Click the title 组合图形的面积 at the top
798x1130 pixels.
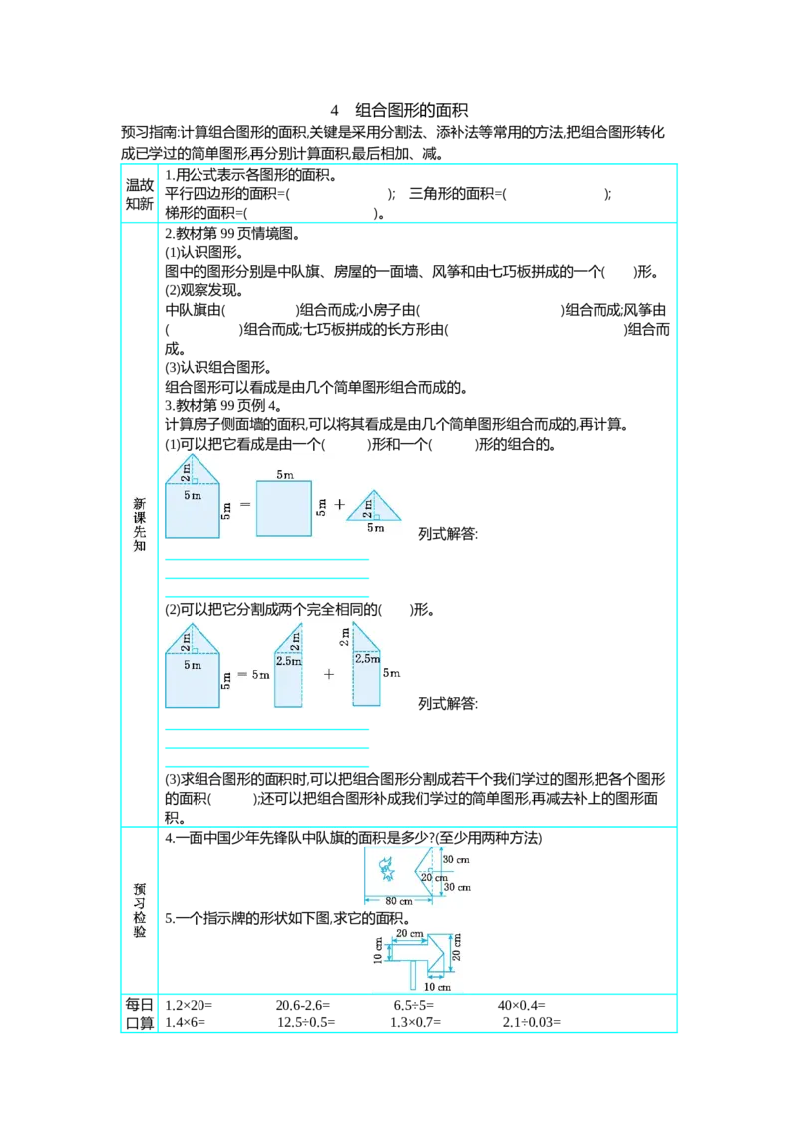click(411, 110)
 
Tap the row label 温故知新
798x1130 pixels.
click(139, 194)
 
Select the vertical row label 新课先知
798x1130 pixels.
click(139, 524)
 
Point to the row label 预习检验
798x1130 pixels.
click(139, 910)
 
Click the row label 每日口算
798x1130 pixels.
click(139, 1014)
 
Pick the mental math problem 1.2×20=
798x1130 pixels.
click(189, 1005)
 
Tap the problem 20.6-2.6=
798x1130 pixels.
click(302, 1005)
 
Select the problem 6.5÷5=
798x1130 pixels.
click(413, 1005)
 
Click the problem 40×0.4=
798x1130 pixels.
click(521, 1005)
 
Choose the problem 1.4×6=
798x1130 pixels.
click(186, 1022)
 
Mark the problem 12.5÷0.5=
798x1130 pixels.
click(306, 1022)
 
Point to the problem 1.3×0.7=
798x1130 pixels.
click(416, 1022)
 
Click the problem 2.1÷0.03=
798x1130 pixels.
click(532, 1022)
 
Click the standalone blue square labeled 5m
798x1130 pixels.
click(284, 509)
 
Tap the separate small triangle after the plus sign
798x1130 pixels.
click(374, 506)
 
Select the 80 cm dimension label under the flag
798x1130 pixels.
click(398, 900)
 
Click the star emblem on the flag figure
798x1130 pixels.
click(387, 870)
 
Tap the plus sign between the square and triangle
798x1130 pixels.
click(340, 504)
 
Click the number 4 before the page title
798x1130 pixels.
click(334, 110)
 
